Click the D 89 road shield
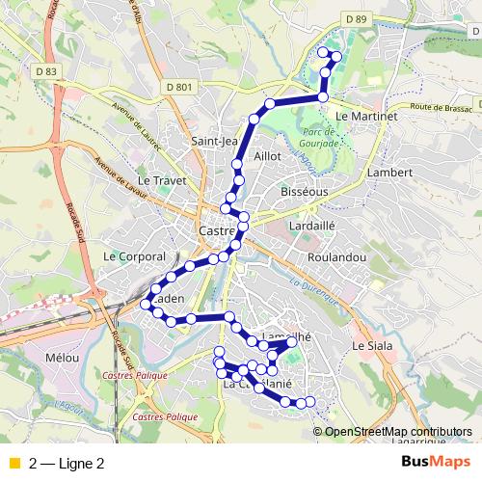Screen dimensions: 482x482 (356, 19)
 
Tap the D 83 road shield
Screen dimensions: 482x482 (45, 70)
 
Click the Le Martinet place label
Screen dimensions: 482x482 (366, 116)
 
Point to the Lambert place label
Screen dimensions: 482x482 (389, 173)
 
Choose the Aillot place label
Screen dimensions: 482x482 (266, 155)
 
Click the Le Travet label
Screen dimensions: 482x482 (159, 180)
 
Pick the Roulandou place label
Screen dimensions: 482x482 (335, 258)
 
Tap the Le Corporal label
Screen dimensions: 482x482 (134, 256)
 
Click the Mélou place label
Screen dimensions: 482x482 (61, 357)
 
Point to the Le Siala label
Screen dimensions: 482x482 (372, 344)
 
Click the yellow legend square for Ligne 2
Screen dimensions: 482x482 (13, 463)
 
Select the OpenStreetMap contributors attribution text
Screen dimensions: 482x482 (398, 431)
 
